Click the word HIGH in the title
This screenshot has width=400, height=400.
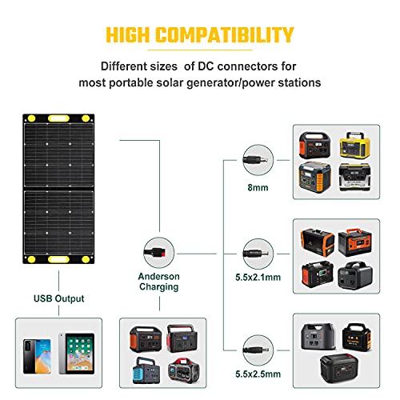[x=127, y=34]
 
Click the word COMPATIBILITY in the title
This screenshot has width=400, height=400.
[x=225, y=34]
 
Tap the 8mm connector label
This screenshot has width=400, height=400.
[x=258, y=187]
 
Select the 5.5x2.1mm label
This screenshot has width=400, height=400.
[x=258, y=278]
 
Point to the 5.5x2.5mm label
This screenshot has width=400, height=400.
[x=258, y=374]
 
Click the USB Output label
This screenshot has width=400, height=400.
[x=58, y=298]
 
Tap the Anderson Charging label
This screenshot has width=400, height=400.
[x=158, y=282]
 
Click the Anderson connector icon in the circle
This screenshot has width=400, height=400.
[x=156, y=252]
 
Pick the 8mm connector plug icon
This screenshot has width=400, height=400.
[x=255, y=160]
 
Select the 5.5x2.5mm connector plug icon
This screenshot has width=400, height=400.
[x=256, y=350]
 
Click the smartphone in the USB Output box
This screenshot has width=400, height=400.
[x=37, y=356]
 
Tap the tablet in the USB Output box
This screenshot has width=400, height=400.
[x=77, y=354]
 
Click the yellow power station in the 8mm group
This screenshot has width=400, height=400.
[x=355, y=145]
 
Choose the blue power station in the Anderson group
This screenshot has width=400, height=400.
[x=146, y=370]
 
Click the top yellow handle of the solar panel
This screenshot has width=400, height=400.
[x=58, y=118]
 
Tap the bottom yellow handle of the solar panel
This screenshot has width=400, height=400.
[x=58, y=259]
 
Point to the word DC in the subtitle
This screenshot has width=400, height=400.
[x=206, y=66]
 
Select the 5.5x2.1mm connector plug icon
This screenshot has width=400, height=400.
[x=256, y=254]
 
